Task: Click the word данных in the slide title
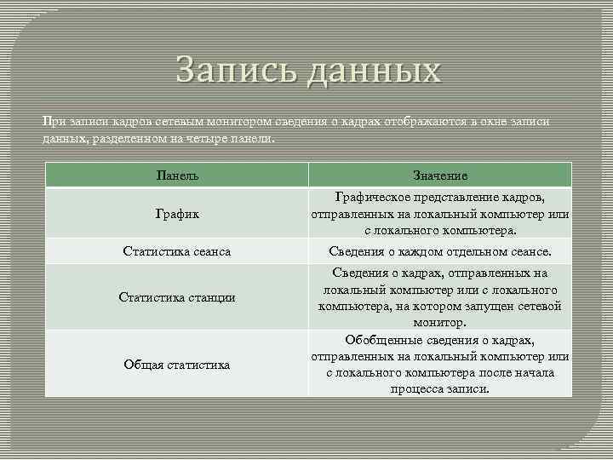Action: click(x=374, y=70)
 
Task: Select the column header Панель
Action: click(x=177, y=175)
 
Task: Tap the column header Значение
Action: click(x=439, y=175)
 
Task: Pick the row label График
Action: click(x=177, y=214)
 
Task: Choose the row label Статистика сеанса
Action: click(x=177, y=252)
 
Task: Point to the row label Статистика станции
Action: click(x=177, y=297)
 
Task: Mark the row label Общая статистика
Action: click(x=177, y=365)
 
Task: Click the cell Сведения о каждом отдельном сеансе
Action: click(x=439, y=252)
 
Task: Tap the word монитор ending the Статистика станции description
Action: click(x=439, y=323)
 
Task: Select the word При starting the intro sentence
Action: click(x=53, y=121)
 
